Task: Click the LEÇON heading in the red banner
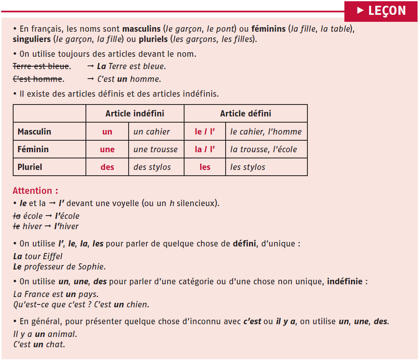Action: click(387, 11)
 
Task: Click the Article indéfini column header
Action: click(134, 114)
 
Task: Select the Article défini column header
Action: click(245, 114)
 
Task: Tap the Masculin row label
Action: click(35, 132)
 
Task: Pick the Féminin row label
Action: click(33, 149)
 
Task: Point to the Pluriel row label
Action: click(30, 167)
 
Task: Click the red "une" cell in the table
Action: click(107, 149)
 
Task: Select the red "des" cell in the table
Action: click(107, 167)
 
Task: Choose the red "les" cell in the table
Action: click(205, 167)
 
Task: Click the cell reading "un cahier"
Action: click(151, 132)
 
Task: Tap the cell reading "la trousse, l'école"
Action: click(263, 149)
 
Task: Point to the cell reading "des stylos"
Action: click(152, 167)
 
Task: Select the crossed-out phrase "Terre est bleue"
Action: click(41, 66)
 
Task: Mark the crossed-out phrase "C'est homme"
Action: click(37, 79)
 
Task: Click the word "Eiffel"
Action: click(53, 256)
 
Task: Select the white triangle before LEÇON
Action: click(360, 11)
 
